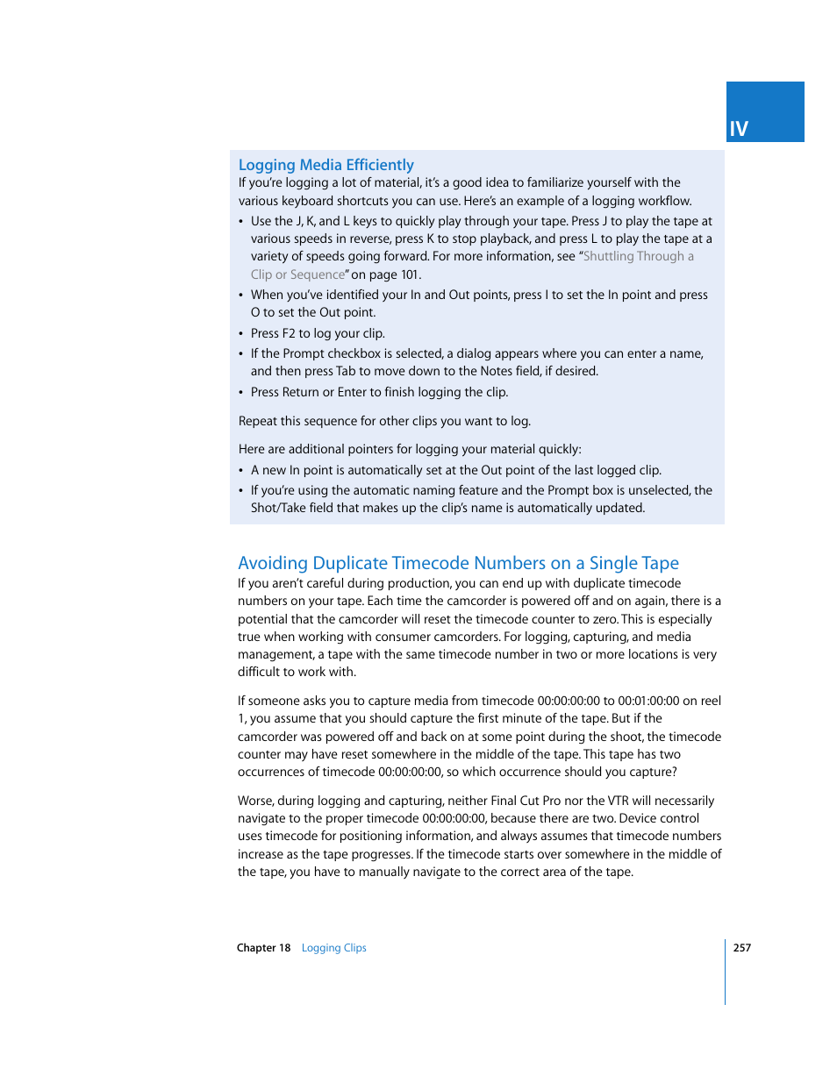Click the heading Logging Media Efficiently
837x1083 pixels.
325,165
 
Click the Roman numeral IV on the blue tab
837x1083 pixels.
739,130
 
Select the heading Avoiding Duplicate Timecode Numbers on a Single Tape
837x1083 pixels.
458,563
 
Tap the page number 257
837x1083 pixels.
742,948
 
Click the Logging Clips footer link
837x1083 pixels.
333,948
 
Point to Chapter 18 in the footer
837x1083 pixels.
263,948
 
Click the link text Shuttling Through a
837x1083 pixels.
639,256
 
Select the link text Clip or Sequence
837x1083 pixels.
298,274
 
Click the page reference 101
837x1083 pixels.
410,274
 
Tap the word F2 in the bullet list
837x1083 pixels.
289,333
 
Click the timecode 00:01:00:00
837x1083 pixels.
648,701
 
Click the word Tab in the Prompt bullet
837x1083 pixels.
346,371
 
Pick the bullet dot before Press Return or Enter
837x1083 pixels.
241,393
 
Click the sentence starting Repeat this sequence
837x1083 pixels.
384,421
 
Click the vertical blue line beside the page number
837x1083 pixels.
726,972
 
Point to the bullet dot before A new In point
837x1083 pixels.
241,471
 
